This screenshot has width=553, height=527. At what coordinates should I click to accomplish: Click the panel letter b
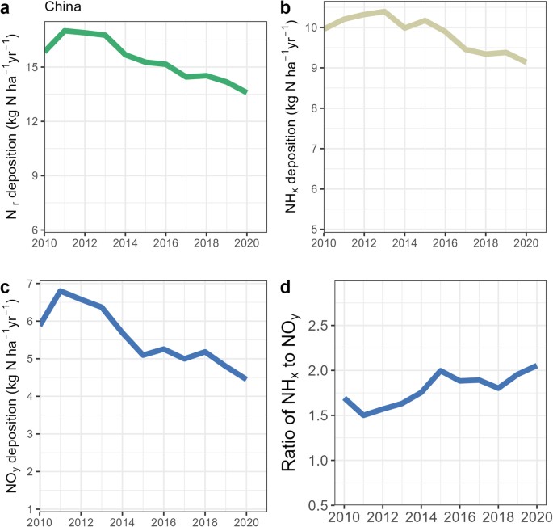pos(284,9)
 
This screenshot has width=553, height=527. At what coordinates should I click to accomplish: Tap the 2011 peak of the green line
pos(64,31)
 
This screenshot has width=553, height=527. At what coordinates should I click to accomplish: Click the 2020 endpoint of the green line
pos(246,92)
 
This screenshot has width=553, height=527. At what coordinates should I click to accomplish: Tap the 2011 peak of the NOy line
pos(61,290)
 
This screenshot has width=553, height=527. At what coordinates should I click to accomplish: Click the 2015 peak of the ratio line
pos(440,370)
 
